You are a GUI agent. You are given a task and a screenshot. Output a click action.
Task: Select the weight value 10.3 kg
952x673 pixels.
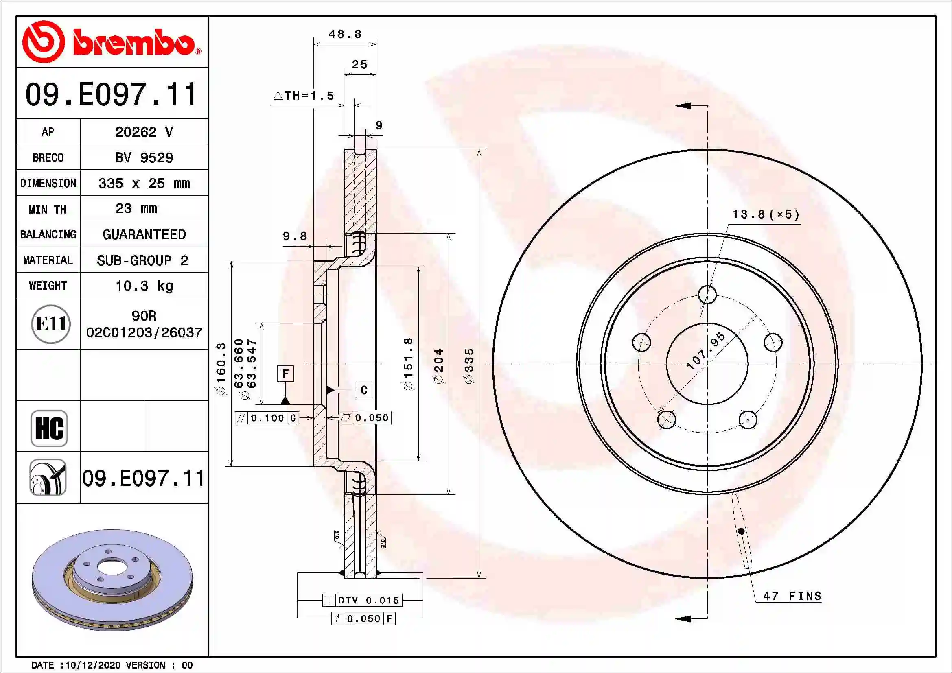144,286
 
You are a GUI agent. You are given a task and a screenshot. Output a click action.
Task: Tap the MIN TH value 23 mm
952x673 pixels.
136,208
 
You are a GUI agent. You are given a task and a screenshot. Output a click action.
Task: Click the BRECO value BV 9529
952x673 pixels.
144,157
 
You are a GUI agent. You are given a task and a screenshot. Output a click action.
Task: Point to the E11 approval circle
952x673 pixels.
50,323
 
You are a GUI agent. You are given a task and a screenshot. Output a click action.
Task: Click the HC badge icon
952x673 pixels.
49,428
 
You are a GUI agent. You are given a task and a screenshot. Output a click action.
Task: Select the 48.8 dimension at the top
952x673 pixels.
345,34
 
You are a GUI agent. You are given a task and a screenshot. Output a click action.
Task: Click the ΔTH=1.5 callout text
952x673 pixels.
304,96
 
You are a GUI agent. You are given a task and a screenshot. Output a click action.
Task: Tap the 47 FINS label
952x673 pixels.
792,596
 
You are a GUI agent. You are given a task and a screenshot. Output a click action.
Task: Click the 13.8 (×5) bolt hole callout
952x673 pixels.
766,214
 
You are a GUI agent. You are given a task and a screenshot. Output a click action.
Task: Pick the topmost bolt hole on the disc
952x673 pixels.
707,295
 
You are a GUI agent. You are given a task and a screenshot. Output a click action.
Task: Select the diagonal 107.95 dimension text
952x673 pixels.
706,351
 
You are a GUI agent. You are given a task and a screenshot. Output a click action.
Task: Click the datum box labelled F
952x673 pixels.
285,374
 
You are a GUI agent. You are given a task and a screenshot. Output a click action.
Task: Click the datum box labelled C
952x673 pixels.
363,390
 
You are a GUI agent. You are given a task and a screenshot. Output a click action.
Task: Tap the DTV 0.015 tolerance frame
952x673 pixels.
362,600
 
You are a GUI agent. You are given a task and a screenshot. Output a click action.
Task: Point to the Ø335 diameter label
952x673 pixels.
468,366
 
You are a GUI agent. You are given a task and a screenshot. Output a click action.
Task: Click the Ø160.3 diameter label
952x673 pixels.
221,369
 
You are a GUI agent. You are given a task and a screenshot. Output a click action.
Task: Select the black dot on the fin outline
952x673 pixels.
741,531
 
